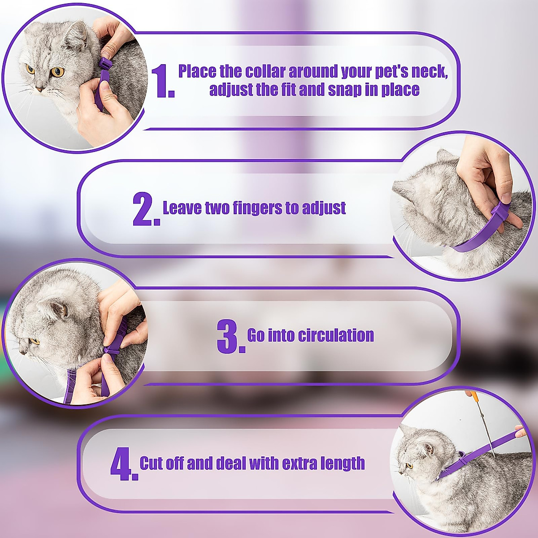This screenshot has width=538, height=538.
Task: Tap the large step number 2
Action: coord(144,209)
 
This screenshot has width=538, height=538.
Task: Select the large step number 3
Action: coord(229,337)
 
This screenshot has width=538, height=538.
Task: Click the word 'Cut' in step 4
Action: coord(152,463)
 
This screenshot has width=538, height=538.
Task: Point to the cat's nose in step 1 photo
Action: coord(39,89)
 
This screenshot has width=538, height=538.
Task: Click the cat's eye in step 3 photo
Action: coord(35,342)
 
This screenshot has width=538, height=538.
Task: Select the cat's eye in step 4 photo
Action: coord(409,465)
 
